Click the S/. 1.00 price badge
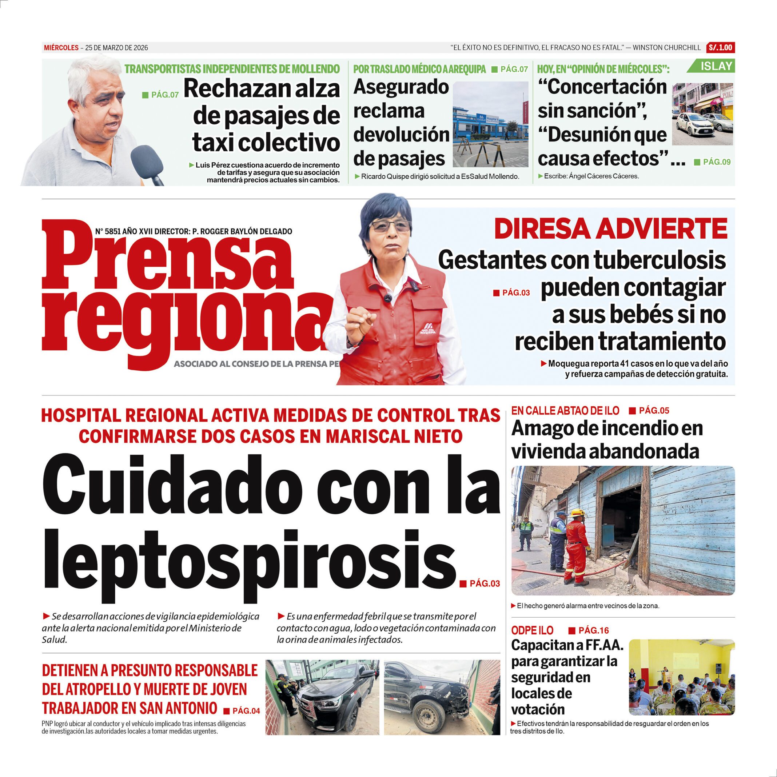pos(720,47)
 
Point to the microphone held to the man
pos(148,165)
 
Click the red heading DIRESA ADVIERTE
pos(610,229)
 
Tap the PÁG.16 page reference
pos(593,630)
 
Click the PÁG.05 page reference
pos(654,411)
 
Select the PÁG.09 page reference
pos(717,162)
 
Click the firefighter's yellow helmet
pos(578,513)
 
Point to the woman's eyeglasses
pos(389,226)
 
